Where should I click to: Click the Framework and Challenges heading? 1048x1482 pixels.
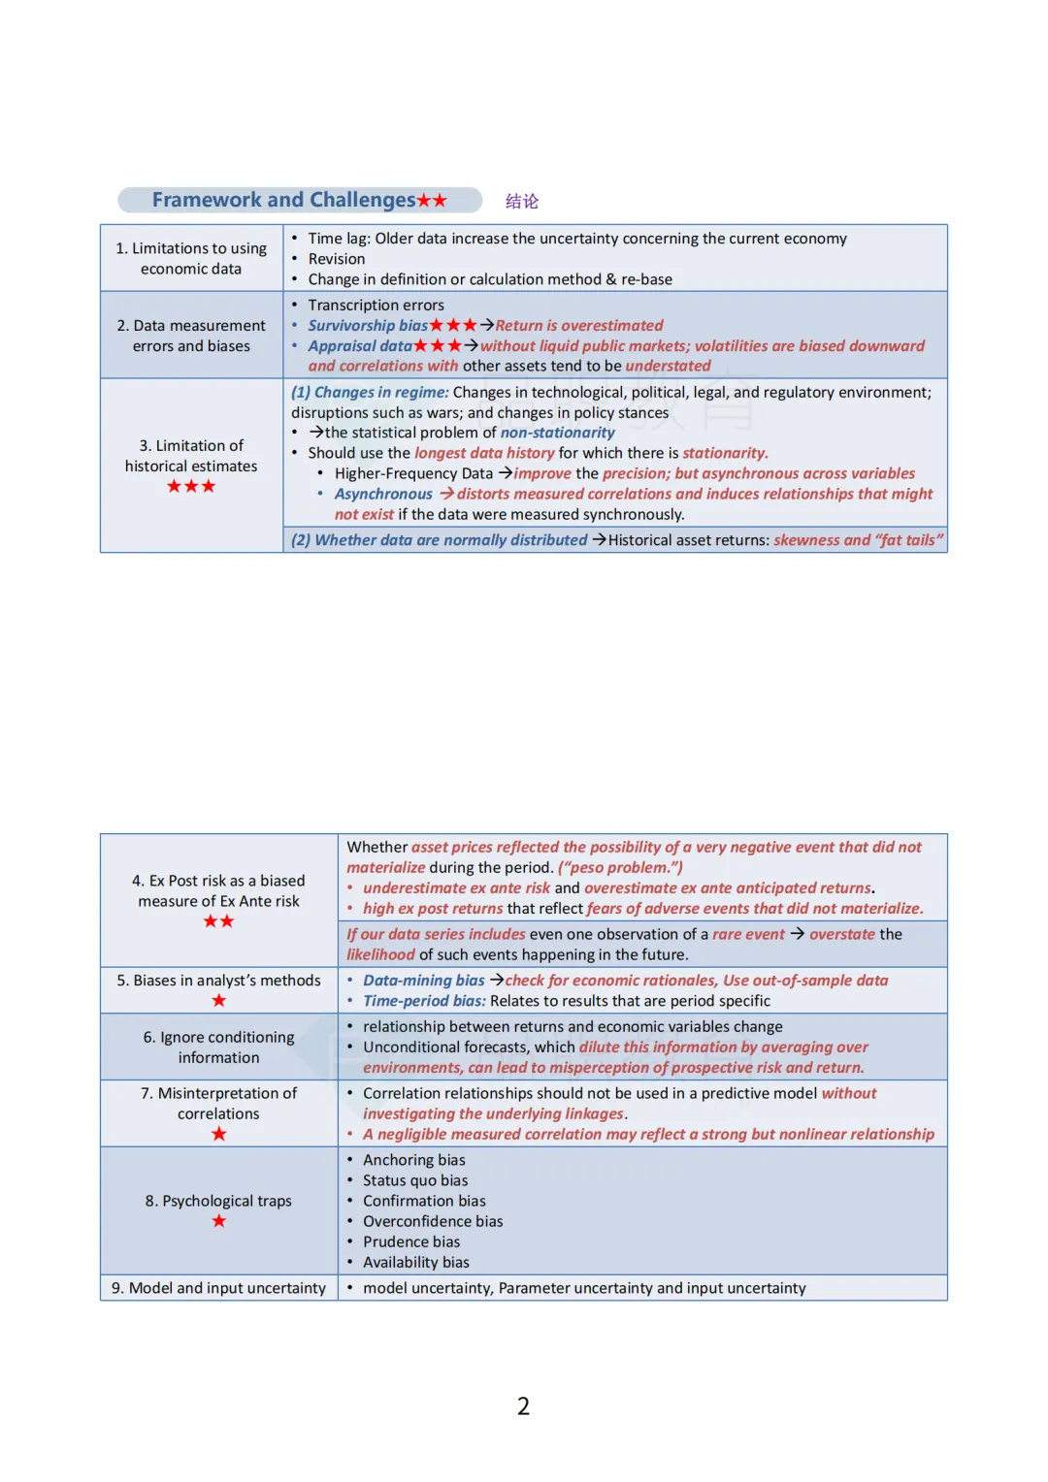[x=283, y=200]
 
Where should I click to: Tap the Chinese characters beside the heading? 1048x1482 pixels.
[x=522, y=201]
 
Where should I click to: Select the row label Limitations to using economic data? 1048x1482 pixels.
[x=191, y=258]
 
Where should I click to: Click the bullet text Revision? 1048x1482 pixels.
[x=337, y=259]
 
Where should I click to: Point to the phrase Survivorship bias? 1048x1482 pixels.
[x=368, y=326]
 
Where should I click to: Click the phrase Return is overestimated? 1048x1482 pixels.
[x=579, y=326]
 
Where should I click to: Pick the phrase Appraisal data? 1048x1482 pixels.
[x=360, y=346]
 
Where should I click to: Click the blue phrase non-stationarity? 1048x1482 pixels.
[x=557, y=433]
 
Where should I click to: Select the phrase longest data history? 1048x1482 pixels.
[x=484, y=453]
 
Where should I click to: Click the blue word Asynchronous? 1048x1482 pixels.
[x=383, y=495]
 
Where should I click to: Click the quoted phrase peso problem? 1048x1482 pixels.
[x=621, y=868]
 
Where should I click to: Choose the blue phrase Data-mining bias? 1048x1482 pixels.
[x=423, y=981]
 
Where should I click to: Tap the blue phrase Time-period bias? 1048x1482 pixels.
[x=424, y=1001]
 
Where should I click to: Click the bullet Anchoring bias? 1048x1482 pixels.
[x=414, y=1160]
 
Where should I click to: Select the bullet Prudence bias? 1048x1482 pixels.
[x=411, y=1241]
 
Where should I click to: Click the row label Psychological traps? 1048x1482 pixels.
[x=218, y=1201]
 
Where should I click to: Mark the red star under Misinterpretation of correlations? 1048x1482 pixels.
[x=219, y=1134]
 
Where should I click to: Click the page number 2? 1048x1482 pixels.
[x=523, y=1406]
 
